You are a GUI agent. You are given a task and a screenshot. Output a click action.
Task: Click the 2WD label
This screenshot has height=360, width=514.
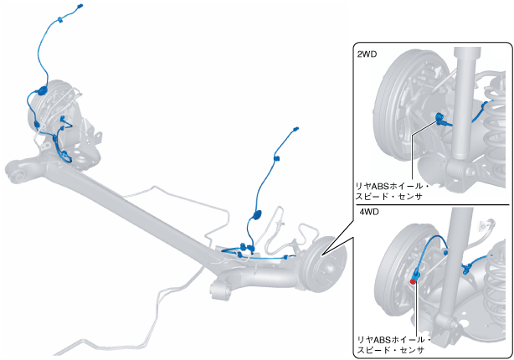367,54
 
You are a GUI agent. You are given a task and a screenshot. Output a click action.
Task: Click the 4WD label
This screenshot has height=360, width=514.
368,213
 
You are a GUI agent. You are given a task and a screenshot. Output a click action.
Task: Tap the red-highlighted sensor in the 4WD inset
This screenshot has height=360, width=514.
414,281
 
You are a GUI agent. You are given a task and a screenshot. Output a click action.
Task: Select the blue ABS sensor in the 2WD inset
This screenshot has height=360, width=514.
438,118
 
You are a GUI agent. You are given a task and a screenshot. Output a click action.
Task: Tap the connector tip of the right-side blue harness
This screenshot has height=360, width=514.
296,130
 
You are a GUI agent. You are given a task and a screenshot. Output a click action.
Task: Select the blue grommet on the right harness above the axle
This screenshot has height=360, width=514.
258,214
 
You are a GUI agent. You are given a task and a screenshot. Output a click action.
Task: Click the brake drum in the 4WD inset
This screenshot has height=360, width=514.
393,268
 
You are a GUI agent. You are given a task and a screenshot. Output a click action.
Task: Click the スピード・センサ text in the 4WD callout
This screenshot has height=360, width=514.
390,351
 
